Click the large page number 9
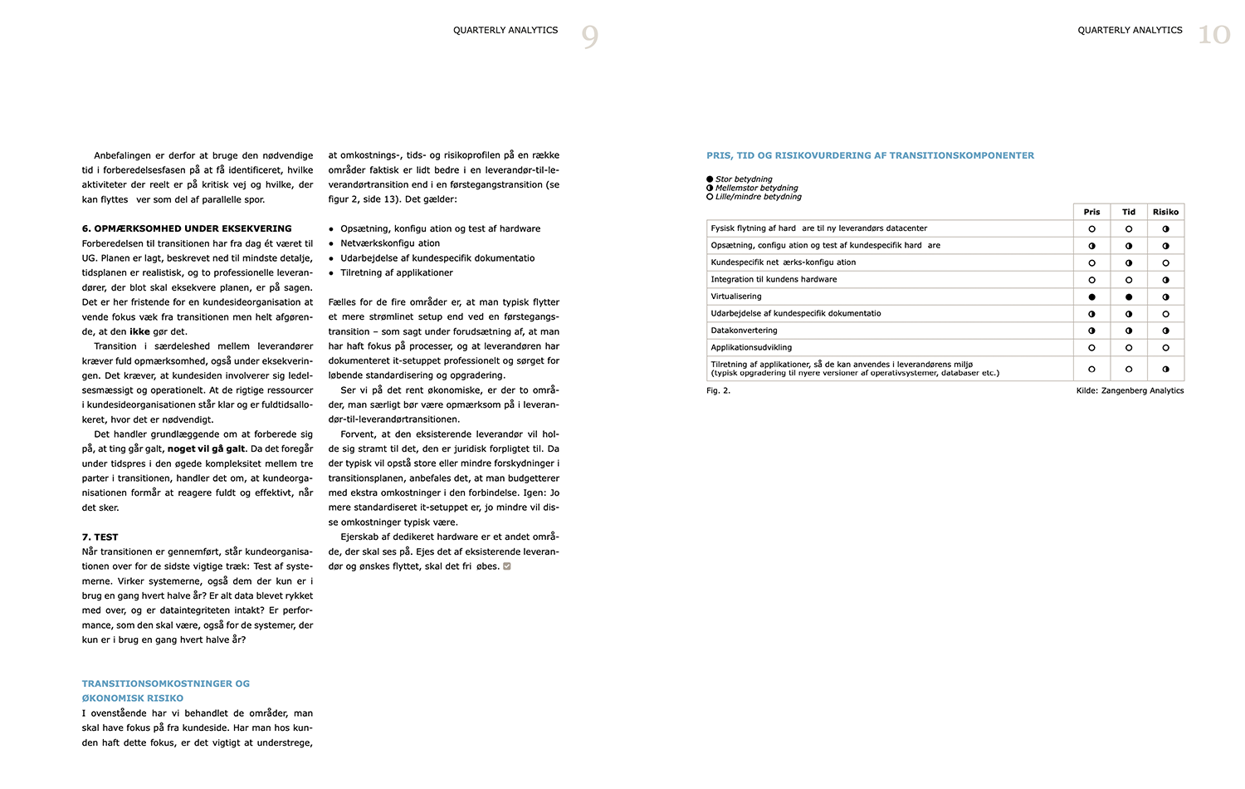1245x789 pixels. [589, 36]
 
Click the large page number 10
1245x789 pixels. [1213, 35]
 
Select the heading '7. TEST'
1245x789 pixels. [100, 537]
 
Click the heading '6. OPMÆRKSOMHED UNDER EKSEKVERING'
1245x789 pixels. [187, 228]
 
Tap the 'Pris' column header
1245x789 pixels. [1091, 212]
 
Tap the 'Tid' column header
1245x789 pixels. [1129, 212]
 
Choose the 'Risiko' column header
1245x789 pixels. [1165, 212]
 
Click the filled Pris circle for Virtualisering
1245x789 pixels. [1091, 296]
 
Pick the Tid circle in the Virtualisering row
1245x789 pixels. [1129, 296]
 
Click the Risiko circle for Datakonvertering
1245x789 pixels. [1165, 331]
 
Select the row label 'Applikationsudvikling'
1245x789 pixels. [751, 347]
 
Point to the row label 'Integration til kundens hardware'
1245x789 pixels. [774, 279]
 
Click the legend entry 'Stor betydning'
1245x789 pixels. [744, 179]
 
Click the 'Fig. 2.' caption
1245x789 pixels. [719, 390]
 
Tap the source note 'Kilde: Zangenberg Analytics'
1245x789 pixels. [1130, 390]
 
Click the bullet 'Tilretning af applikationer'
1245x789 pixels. [397, 272]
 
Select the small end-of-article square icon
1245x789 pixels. [507, 566]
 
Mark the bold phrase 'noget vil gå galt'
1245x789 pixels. [206, 448]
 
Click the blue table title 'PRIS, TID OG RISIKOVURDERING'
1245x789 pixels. [870, 155]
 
